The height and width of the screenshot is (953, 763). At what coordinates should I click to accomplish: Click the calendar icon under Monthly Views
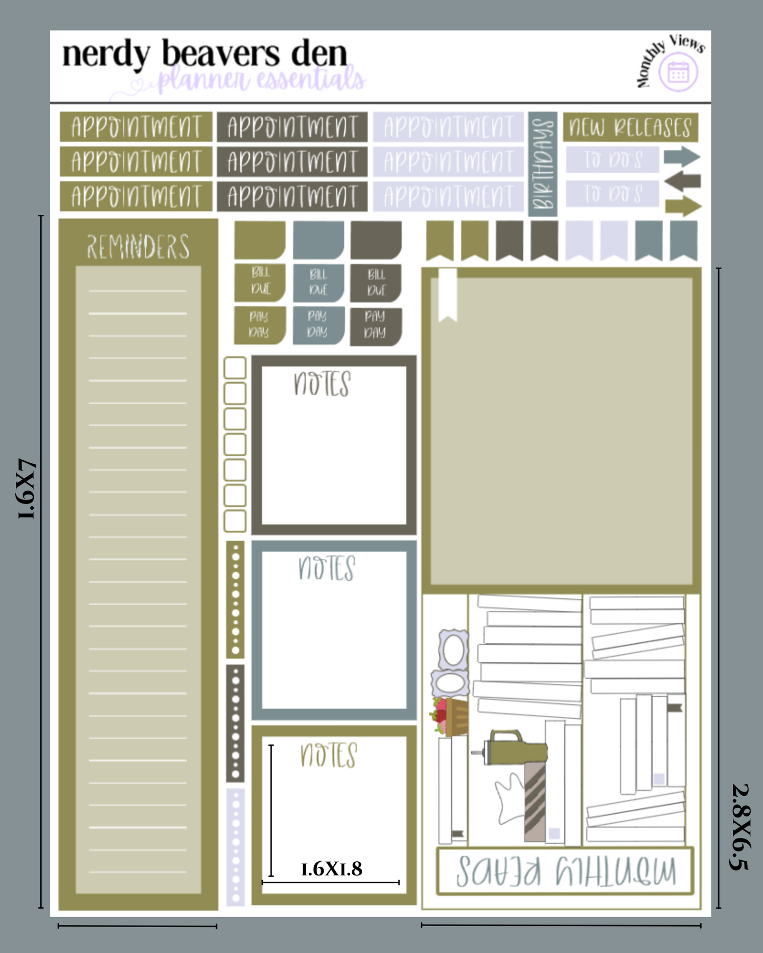678,73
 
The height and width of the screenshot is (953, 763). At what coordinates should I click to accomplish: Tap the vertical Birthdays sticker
542,164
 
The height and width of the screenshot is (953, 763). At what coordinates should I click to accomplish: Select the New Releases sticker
630,127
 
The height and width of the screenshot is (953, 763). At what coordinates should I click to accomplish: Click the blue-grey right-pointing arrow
682,157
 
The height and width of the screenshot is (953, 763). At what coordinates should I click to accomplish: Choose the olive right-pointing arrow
683,206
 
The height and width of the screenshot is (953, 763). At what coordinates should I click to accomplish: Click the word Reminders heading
138,247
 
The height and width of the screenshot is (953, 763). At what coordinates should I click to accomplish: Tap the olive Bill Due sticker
260,281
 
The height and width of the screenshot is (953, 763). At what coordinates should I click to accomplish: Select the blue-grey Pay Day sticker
318,324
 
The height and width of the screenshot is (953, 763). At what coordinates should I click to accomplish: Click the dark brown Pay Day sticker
375,325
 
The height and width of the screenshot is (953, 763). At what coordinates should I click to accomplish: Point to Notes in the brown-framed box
322,384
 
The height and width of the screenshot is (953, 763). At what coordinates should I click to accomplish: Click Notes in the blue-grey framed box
326,568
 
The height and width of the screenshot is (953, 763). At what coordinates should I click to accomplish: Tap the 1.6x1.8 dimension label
332,869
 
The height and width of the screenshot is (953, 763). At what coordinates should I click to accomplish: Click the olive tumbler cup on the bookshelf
515,747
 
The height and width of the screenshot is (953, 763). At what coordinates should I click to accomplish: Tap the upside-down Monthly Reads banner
566,871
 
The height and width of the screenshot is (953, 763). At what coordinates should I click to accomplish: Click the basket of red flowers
451,717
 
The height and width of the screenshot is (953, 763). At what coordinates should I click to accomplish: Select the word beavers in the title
221,54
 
